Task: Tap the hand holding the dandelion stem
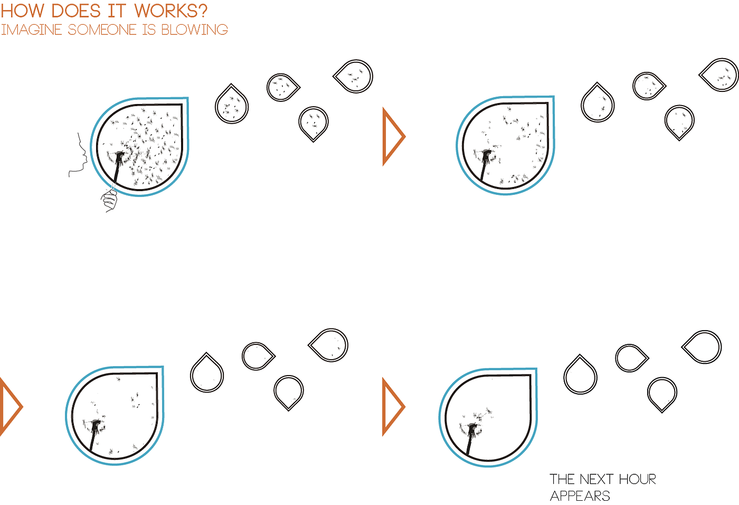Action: pos(109,199)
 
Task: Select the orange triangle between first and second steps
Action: pos(392,136)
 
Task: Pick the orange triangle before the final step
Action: pos(392,407)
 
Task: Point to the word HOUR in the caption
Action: pos(637,480)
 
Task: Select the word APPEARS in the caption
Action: pos(580,496)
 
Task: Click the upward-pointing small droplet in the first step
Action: pos(232,105)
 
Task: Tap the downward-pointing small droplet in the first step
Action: pos(314,123)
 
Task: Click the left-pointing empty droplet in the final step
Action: pos(703,347)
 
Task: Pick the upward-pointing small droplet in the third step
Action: pos(207,373)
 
